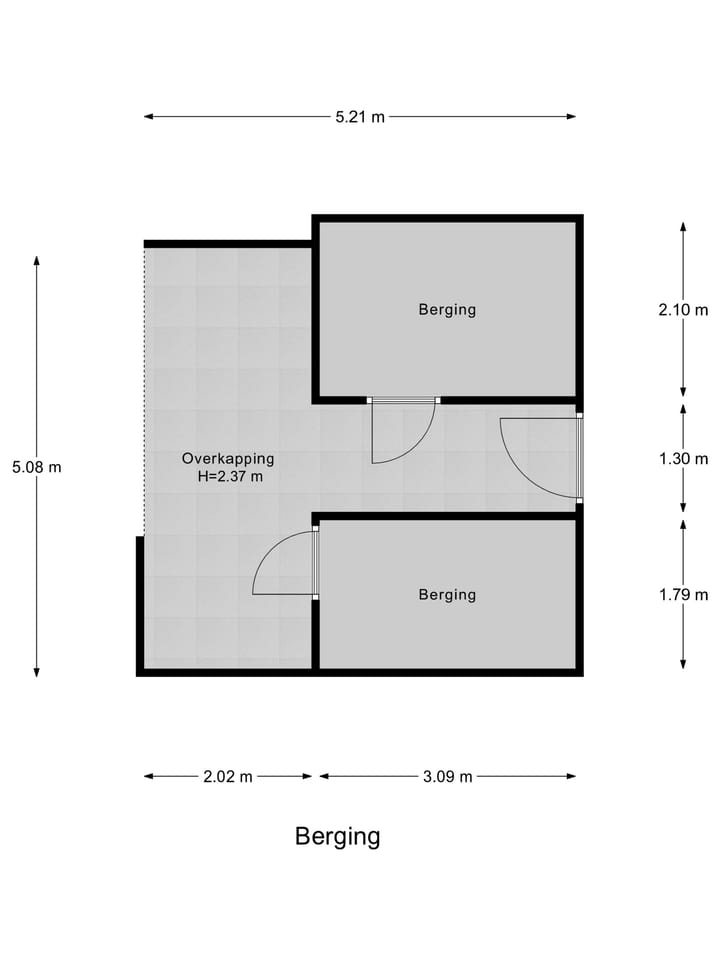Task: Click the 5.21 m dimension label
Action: (360, 116)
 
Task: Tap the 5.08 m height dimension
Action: (37, 467)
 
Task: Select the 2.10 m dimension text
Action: (683, 310)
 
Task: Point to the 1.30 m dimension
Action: (683, 459)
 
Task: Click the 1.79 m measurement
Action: (683, 594)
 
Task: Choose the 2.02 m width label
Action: (228, 776)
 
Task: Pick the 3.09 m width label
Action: (448, 776)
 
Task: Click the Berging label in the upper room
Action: (447, 309)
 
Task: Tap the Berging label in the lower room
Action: (447, 594)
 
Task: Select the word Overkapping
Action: (228, 459)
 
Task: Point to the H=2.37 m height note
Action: (230, 476)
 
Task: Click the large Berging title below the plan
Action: (337, 836)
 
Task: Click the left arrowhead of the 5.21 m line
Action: (148, 116)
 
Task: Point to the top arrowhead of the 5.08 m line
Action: (37, 260)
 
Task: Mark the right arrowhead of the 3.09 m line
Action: (572, 776)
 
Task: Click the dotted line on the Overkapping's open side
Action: (144, 392)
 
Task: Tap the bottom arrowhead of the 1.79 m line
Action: (683, 664)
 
